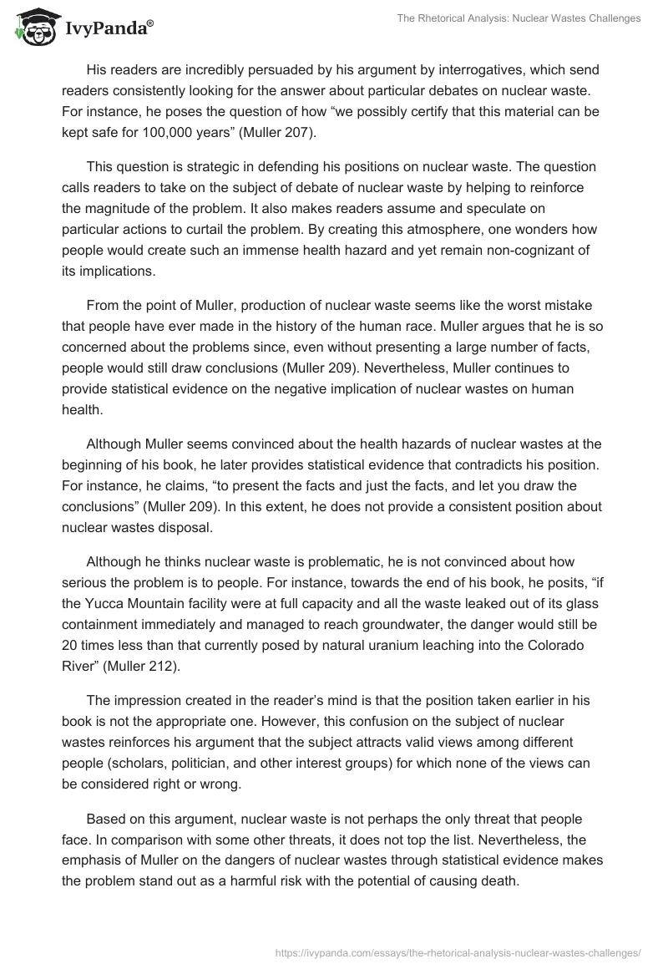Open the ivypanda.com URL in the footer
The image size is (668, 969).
click(x=458, y=951)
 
